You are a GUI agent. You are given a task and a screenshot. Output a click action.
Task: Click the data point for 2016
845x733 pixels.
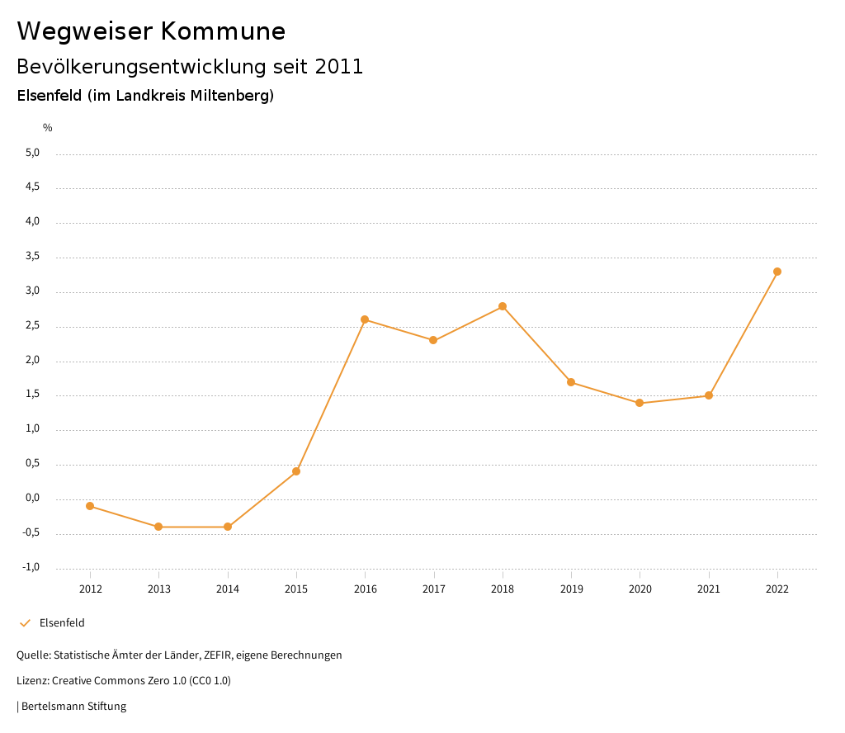click(365, 319)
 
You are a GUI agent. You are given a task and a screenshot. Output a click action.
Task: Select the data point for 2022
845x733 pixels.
click(777, 272)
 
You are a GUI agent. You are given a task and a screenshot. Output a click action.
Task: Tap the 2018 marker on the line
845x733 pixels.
click(503, 306)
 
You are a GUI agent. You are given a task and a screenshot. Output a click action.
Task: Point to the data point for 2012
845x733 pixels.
click(90, 506)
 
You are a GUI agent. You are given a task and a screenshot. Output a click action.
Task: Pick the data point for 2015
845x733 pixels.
click(296, 471)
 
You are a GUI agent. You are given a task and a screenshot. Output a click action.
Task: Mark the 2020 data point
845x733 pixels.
click(640, 403)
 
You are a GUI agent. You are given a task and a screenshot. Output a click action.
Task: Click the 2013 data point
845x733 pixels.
click(158, 527)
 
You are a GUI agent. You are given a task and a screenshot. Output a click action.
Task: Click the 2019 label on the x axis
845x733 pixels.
click(571, 589)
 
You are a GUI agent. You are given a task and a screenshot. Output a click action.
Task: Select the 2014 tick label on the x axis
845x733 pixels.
click(228, 589)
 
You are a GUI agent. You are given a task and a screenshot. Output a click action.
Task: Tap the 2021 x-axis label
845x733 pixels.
click(709, 589)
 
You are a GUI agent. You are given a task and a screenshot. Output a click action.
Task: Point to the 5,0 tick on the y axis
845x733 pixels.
click(32, 153)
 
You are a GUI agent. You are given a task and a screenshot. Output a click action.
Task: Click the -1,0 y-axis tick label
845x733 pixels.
click(31, 567)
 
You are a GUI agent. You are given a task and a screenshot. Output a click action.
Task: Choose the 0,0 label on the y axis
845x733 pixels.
click(32, 498)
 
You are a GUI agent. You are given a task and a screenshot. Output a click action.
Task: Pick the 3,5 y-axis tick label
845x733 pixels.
click(32, 257)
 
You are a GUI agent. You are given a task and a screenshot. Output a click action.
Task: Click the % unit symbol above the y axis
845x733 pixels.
click(48, 128)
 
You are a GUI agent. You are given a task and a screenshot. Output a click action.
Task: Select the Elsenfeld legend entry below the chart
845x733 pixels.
click(62, 623)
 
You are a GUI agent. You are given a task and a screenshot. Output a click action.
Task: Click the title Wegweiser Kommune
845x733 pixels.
click(151, 31)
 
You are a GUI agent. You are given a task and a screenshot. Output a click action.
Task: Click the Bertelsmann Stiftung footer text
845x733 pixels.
click(73, 707)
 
